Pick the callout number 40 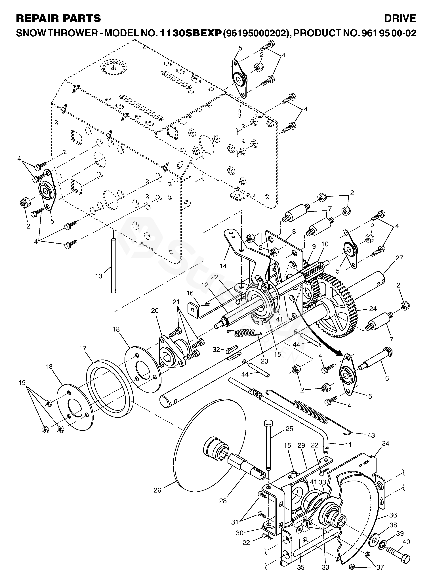click(x=406, y=542)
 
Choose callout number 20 click(x=155, y=310)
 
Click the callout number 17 click(x=83, y=348)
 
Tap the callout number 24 click(x=373, y=309)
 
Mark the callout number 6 click(x=387, y=378)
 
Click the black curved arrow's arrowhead click(x=340, y=354)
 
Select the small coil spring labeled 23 click(x=244, y=333)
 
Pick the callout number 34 click(x=385, y=443)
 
